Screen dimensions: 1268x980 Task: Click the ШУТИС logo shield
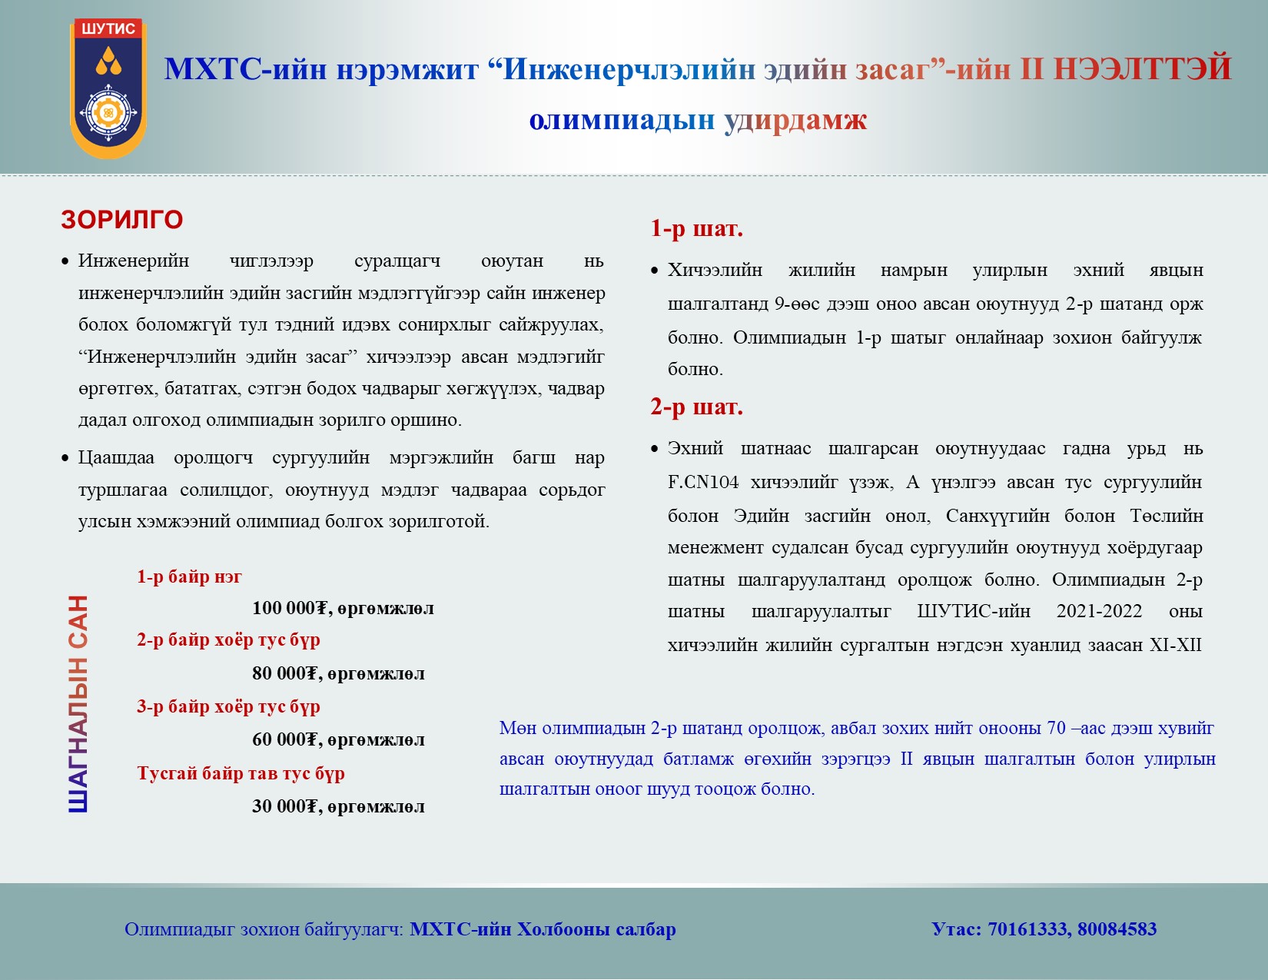[x=108, y=88]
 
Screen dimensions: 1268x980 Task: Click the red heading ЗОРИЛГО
[x=122, y=220]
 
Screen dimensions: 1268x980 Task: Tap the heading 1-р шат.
[x=697, y=228]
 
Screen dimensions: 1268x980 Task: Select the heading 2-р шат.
[x=697, y=407]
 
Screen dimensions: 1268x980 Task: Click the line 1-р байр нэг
[x=190, y=576]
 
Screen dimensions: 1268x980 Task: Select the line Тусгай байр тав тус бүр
[x=241, y=773]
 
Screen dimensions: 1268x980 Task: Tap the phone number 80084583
[x=1117, y=929]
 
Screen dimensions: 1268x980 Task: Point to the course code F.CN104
[x=703, y=482]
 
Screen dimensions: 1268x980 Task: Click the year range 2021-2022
[x=1100, y=610]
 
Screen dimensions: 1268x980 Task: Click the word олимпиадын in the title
[x=622, y=120]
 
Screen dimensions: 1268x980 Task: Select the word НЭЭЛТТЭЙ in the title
[x=1143, y=68]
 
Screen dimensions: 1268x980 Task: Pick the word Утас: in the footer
[x=957, y=929]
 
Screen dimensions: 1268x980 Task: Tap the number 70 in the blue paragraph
[x=1056, y=728]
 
